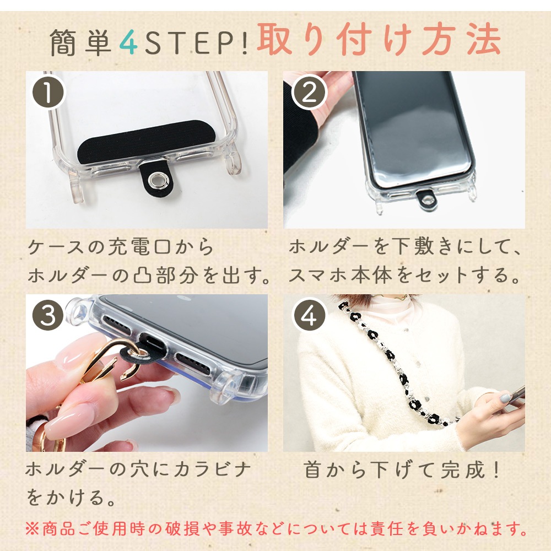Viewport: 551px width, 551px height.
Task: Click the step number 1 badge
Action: point(48,92)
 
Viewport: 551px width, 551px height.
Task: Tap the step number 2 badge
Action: point(309,92)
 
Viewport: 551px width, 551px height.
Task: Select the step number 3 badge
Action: point(48,315)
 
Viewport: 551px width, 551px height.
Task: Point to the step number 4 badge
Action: point(309,315)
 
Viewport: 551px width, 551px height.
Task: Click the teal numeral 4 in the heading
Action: point(128,43)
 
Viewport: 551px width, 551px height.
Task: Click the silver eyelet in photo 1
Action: point(156,181)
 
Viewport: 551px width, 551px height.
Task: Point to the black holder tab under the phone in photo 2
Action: point(426,199)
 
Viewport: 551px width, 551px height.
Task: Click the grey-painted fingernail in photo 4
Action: point(505,398)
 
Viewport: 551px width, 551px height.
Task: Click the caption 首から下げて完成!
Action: point(401,470)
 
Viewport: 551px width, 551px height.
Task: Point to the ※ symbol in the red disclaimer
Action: point(33,529)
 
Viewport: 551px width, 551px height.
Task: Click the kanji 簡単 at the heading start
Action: point(80,43)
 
